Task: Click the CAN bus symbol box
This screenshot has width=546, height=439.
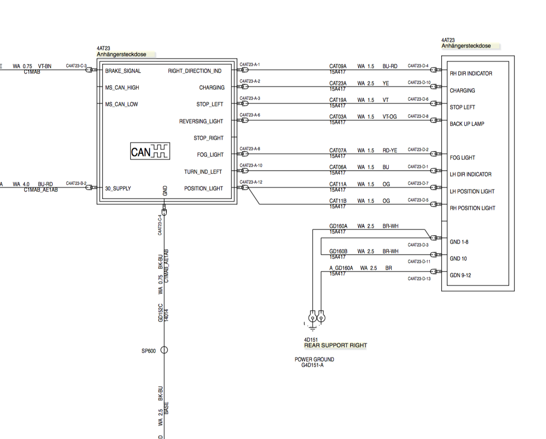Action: (150, 151)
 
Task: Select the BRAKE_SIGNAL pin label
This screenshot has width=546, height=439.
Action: (123, 71)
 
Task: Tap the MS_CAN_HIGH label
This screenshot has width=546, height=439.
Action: (122, 88)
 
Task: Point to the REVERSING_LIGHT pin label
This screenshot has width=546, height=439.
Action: (201, 121)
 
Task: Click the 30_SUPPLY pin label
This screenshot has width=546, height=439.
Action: (118, 189)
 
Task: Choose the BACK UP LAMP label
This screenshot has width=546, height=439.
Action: (467, 124)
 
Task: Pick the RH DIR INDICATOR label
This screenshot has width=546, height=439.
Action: (471, 74)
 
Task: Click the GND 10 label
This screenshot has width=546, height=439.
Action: (458, 259)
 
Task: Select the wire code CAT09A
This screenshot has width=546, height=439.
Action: (338, 66)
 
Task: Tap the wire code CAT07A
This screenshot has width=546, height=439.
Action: (338, 150)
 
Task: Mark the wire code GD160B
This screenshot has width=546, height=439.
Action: (338, 251)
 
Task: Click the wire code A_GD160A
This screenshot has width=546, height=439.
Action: (341, 268)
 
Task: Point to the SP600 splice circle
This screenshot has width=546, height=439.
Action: (164, 351)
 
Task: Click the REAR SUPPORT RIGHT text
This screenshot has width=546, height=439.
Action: (335, 345)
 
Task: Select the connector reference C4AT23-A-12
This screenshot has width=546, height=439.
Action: (251, 182)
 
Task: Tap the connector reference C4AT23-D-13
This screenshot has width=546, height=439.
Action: (419, 279)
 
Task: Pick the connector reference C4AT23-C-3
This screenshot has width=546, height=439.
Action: (76, 66)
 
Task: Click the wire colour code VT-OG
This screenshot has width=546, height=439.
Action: (390, 117)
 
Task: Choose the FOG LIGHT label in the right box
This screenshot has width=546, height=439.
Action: (462, 158)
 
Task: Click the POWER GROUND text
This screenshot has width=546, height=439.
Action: (314, 359)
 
